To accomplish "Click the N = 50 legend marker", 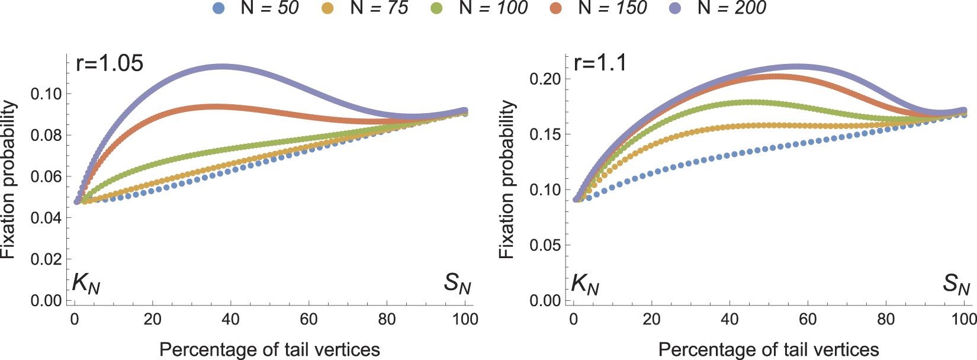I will [219, 8].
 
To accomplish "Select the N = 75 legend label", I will [379, 8].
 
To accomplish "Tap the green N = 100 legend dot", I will [436, 8].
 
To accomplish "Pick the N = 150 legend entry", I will [612, 8].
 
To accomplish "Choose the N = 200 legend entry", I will [732, 8].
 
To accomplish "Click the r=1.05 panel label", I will [110, 63].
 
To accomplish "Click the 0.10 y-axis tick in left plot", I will [46, 94].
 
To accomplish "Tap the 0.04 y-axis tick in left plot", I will [46, 218].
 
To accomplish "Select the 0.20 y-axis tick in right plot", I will [545, 79].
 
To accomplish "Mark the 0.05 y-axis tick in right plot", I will [545, 245].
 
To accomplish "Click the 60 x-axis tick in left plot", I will [308, 319].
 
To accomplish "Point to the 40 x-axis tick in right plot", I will [729, 319].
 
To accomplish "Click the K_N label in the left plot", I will [86, 285].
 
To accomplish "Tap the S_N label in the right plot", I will [956, 285].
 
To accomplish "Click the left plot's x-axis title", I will [269, 349].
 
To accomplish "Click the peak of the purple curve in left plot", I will [223, 66].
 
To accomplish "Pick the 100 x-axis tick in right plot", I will [964, 319].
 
